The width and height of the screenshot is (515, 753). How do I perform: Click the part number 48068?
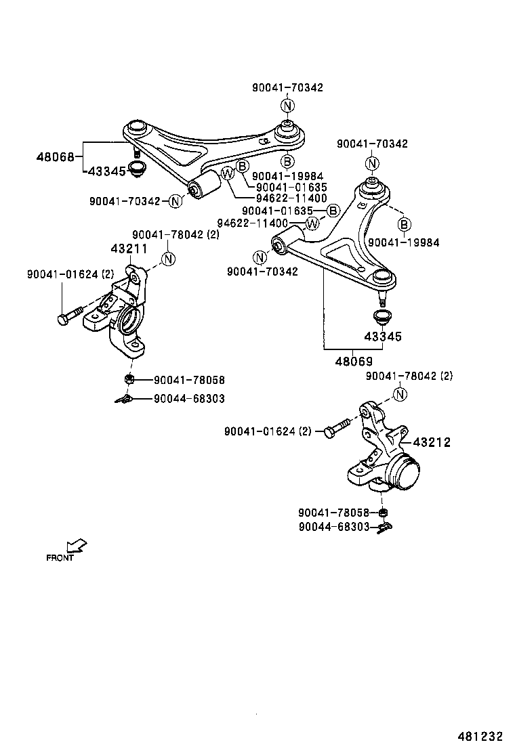(x=55, y=157)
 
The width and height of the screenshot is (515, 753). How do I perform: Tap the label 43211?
(x=129, y=249)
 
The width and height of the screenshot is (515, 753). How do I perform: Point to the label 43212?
(x=431, y=442)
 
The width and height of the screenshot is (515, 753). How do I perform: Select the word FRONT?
(x=60, y=558)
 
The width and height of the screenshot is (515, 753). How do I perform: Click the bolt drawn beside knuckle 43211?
(x=70, y=316)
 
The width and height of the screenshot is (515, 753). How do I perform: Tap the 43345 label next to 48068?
(x=107, y=171)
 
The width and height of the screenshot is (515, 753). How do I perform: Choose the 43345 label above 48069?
(x=383, y=337)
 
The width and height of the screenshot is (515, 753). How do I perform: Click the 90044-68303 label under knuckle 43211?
(x=189, y=399)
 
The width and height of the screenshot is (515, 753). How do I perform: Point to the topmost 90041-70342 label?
(x=287, y=87)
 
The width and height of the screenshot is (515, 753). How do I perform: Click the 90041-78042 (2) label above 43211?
(x=176, y=234)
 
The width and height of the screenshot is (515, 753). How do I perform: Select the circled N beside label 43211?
(x=168, y=259)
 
